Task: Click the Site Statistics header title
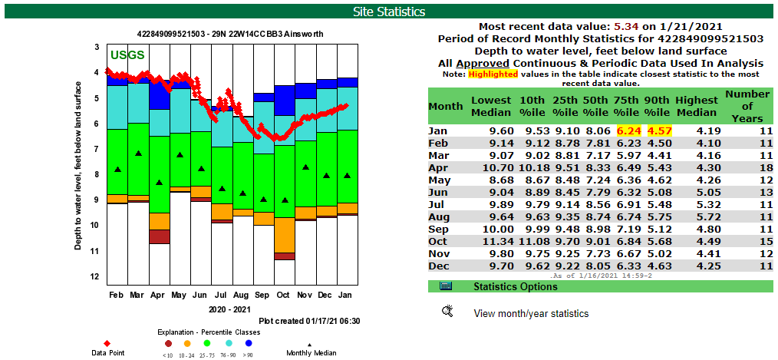388,12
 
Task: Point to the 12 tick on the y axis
96,276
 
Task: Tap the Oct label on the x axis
284,295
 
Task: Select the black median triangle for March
138,154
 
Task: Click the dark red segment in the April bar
160,237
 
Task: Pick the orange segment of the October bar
284,235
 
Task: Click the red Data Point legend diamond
107,342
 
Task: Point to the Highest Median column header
696,106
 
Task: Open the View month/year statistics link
531,313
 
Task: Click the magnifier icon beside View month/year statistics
448,311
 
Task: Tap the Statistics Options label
516,286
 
